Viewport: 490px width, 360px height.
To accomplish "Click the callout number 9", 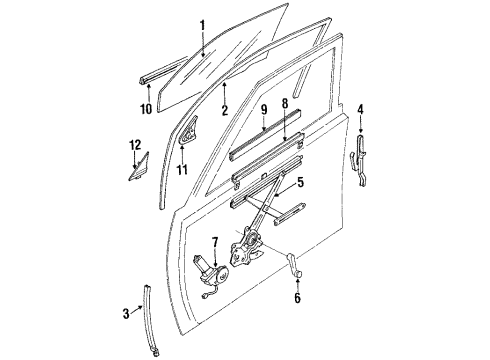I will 263,108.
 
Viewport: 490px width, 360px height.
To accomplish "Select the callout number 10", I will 146,109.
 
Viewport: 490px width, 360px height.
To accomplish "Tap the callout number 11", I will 182,169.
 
